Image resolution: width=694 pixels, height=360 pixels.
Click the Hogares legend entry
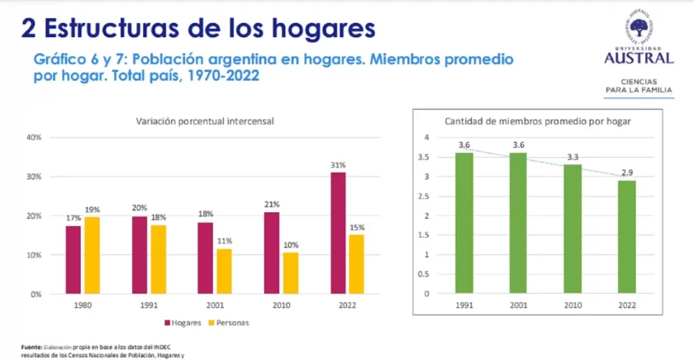point(187,322)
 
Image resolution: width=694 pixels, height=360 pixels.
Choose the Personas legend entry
point(231,322)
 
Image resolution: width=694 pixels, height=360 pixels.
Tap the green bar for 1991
point(464,223)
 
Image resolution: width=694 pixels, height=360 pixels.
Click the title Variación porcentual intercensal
point(205,121)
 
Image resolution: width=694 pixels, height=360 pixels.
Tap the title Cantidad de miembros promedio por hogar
point(538,121)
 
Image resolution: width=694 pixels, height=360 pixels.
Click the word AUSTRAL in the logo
point(639,58)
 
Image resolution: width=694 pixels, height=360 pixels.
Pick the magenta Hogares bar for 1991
point(140,254)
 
